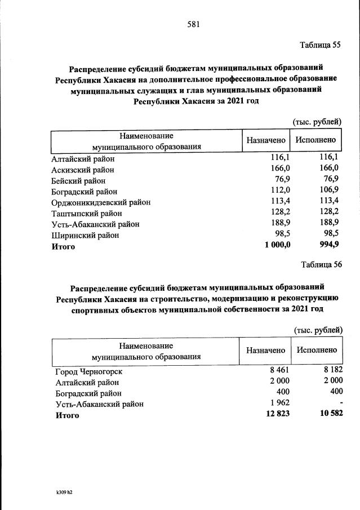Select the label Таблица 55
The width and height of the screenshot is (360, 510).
click(x=321, y=46)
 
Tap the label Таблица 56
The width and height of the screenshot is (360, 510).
click(x=322, y=265)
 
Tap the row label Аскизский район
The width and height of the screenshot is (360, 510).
click(x=82, y=170)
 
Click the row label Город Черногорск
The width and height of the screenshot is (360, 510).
click(x=88, y=372)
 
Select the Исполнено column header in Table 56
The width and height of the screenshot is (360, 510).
click(x=317, y=350)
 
